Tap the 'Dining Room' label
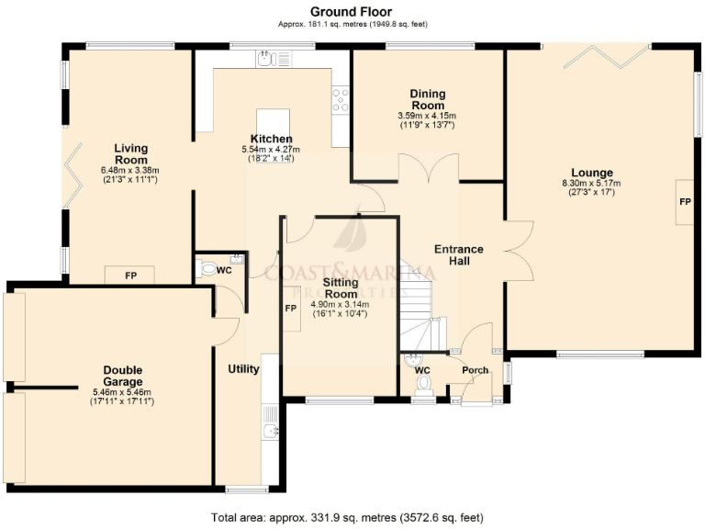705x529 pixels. (x=427, y=99)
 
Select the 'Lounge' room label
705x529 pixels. (x=591, y=173)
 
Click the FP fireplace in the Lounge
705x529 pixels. (x=685, y=201)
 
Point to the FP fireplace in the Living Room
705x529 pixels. (x=130, y=275)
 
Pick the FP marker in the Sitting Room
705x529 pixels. (x=291, y=309)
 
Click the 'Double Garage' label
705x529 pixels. (x=122, y=376)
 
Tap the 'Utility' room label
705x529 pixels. (x=243, y=369)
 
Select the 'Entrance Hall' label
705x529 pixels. (x=458, y=254)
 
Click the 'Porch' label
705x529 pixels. (x=475, y=371)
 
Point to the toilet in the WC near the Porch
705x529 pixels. (x=423, y=393)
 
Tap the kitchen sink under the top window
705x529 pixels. (x=267, y=60)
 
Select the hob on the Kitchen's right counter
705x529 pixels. (x=341, y=98)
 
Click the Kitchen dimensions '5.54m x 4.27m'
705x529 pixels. (x=271, y=150)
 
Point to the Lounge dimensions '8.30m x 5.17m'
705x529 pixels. (x=591, y=184)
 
